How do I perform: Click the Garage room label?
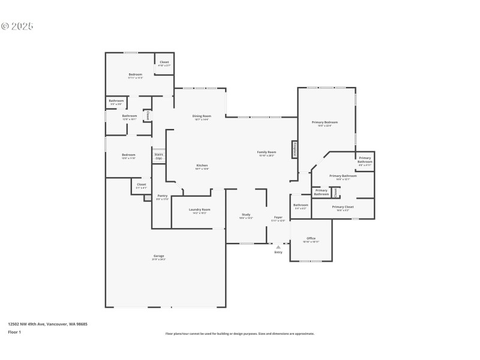click(x=158, y=256)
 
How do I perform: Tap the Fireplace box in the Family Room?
click(x=295, y=149)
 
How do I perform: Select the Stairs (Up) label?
click(x=158, y=156)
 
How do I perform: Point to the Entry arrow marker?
click(x=278, y=247)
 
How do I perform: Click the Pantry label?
click(x=162, y=196)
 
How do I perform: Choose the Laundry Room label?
click(x=199, y=211)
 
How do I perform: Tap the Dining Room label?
click(x=202, y=117)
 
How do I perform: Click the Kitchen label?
click(x=202, y=167)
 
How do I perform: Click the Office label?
click(x=311, y=239)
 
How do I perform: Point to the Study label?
click(x=246, y=215)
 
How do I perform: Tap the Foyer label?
click(x=278, y=218)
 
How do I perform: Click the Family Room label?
click(x=266, y=154)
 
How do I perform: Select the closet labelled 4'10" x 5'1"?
click(x=164, y=62)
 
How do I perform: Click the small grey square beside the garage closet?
click(x=148, y=197)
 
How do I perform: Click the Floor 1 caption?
click(x=14, y=332)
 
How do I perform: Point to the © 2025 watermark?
click(x=17, y=26)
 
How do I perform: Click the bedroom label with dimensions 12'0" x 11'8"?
click(x=128, y=156)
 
